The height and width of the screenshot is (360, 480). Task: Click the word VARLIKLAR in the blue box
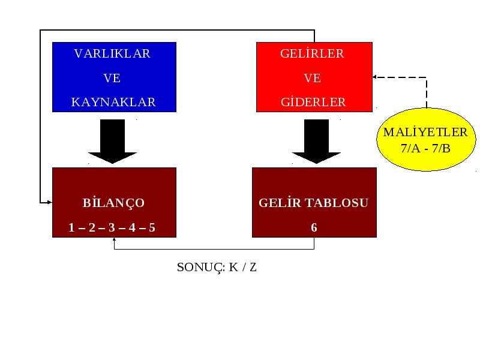coord(112,53)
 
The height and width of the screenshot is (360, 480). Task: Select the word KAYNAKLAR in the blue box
coord(113,102)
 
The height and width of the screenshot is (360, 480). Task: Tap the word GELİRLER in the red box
coord(312,53)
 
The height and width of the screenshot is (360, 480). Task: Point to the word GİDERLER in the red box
coord(313,101)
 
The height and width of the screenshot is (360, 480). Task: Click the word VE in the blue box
coord(112,78)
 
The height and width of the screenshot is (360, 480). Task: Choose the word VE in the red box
coord(312,78)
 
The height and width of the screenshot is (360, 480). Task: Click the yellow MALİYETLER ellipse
coord(426,140)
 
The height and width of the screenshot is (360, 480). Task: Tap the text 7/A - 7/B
coord(425,148)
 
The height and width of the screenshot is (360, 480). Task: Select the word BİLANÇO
coord(113,202)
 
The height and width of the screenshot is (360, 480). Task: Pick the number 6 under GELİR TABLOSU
coord(314,227)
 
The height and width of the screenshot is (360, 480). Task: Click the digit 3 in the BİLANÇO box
coord(112,227)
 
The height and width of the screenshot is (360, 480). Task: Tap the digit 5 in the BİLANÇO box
coord(152,227)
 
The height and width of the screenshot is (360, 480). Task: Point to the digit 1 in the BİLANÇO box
coord(71,227)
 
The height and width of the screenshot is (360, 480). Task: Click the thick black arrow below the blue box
coord(112,141)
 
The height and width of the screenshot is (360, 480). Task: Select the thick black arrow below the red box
coord(317,141)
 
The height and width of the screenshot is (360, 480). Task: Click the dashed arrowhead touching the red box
coord(374,77)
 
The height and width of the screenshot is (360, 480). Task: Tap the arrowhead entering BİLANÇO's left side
coord(50,202)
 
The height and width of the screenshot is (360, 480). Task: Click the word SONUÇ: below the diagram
coord(201,268)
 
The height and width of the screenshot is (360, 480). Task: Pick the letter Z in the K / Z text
coord(253,268)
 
